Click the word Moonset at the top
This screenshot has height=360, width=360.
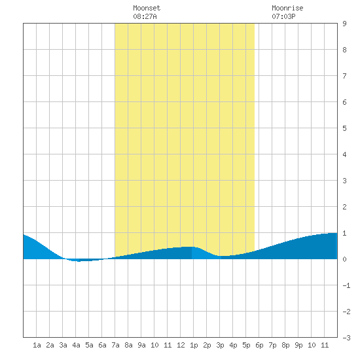tap(147, 8)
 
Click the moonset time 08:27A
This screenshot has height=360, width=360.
tap(145, 16)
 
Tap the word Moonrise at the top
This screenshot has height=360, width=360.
tap(287, 8)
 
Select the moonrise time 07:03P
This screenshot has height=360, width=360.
tap(283, 16)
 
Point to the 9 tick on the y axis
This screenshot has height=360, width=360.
tap(344, 24)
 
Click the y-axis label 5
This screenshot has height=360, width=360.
tap(344, 128)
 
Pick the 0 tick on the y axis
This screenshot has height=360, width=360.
tap(344, 259)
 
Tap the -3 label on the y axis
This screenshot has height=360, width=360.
tap(346, 338)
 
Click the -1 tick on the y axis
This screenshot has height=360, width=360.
tap(346, 285)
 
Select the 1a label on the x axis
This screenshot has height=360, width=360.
tap(37, 345)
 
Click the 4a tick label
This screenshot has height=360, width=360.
tap(76, 345)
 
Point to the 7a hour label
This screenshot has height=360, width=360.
tap(115, 345)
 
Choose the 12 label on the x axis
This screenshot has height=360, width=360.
tap(181, 345)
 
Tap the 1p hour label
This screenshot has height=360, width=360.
tap(194, 345)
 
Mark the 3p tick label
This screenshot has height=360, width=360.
tap(220, 345)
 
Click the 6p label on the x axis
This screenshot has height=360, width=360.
tap(259, 345)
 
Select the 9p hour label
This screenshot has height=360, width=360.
tap(298, 345)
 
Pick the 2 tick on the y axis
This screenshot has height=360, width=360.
tap(344, 207)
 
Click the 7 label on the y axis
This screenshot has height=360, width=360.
tap(344, 76)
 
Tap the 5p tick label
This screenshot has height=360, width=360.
tap(246, 345)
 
